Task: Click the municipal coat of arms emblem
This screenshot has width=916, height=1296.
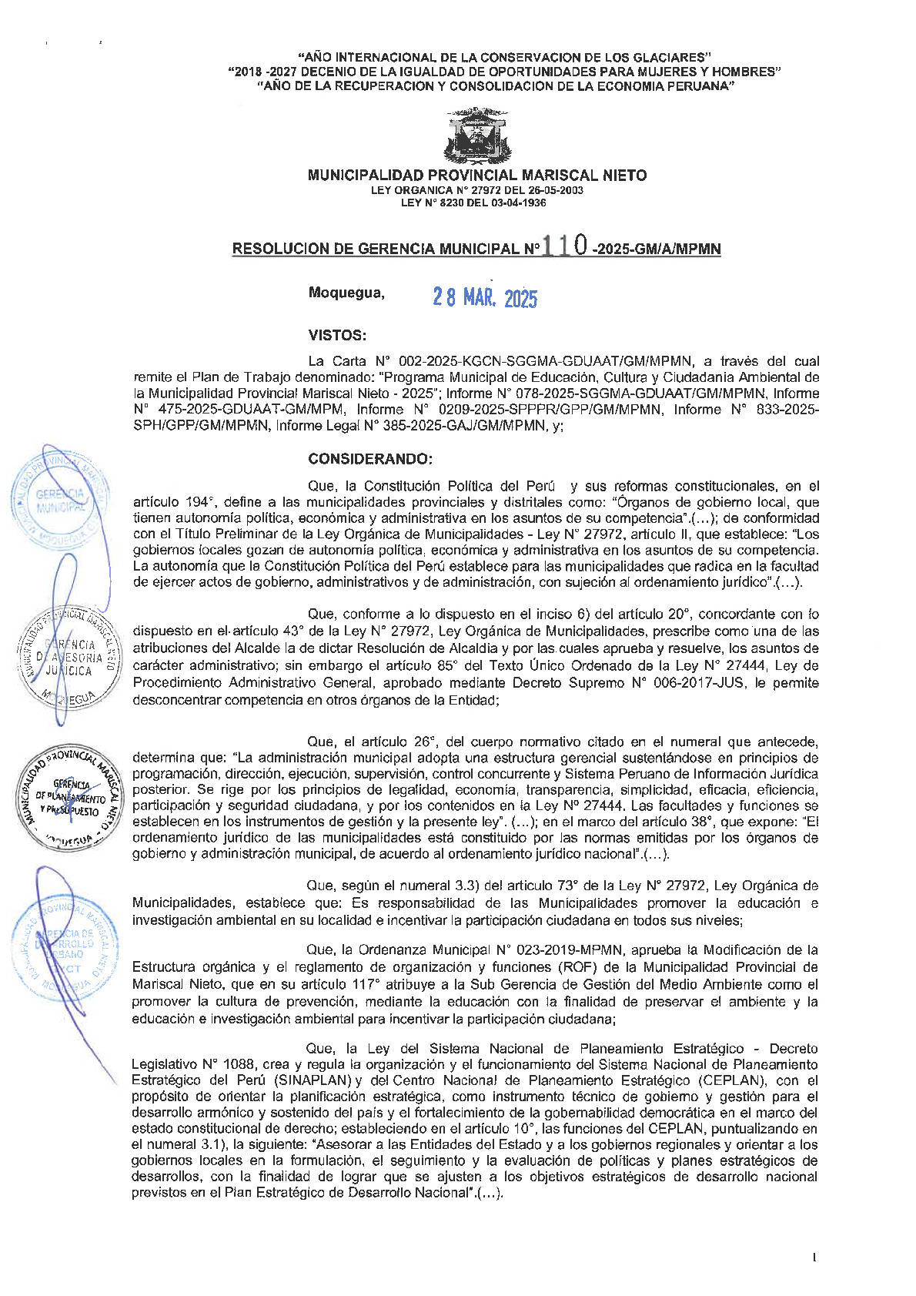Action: (476, 136)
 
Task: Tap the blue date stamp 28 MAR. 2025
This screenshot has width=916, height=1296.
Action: (485, 298)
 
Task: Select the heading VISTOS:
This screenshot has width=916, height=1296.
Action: (337, 335)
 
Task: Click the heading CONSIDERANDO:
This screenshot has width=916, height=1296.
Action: (370, 459)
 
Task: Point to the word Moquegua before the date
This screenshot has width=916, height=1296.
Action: (346, 293)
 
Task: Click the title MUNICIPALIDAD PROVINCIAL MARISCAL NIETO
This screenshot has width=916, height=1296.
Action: (476, 176)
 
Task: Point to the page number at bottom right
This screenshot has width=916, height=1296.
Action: (814, 1258)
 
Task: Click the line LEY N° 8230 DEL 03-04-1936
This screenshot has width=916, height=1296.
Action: (473, 203)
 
